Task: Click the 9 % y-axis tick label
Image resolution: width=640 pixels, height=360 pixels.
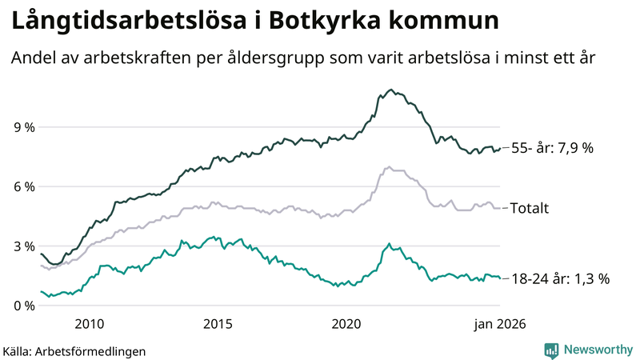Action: pyautogui.click(x=23, y=127)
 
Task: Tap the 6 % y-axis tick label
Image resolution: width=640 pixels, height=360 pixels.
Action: pyautogui.click(x=23, y=186)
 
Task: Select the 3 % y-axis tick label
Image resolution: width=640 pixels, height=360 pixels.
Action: pyautogui.click(x=23, y=246)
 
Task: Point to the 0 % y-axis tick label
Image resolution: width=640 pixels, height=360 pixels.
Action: pyautogui.click(x=23, y=306)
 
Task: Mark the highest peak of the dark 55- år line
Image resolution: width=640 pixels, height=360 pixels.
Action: pyautogui.click(x=390, y=90)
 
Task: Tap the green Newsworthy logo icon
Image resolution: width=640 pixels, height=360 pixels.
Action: pyautogui.click(x=551, y=350)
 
